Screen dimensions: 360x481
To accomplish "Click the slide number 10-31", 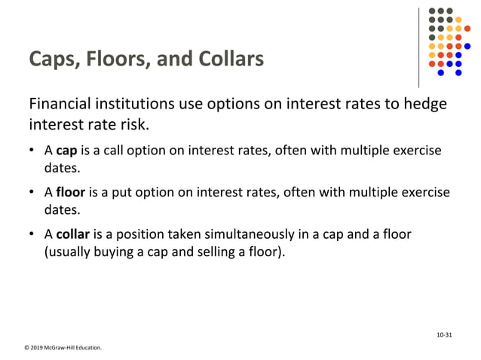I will pos(444,334).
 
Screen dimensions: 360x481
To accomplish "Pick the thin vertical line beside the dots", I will pos(419,47).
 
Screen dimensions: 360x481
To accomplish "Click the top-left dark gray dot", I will pos(432,11).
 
